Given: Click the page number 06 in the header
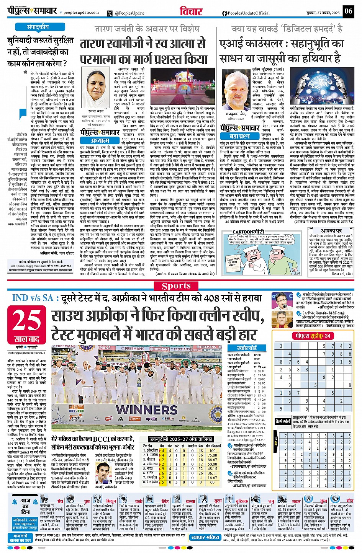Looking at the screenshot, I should (x=348, y=11).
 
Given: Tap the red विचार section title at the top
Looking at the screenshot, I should (x=191, y=11).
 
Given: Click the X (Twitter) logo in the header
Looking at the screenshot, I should (x=110, y=13).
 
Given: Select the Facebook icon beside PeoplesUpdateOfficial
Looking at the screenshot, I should (x=224, y=13).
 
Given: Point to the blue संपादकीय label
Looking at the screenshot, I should (x=38, y=27).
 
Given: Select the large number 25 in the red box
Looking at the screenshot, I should (x=26, y=320).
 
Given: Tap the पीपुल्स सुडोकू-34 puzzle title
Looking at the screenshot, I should (x=311, y=336).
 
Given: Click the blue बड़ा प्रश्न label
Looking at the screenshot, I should (x=239, y=136).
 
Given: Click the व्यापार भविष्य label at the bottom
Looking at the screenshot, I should (x=205, y=537).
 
